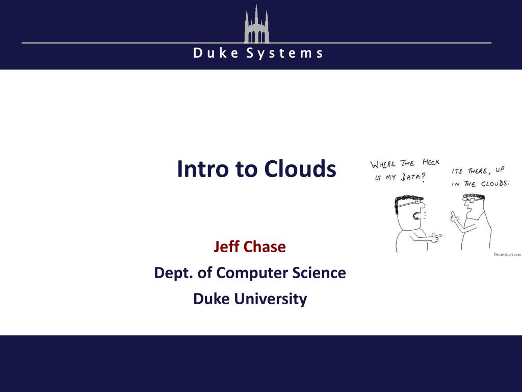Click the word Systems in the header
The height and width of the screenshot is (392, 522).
tap(284, 53)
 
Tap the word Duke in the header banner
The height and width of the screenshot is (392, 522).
tap(216, 53)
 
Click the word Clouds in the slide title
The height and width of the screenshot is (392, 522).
tap(300, 168)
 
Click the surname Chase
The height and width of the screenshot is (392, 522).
tap(265, 247)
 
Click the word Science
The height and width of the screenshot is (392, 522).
tap(319, 273)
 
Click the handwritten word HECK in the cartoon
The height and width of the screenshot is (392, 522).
tap(431, 162)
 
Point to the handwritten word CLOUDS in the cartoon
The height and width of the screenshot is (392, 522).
tap(495, 183)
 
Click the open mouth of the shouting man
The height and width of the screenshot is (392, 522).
tap(416, 216)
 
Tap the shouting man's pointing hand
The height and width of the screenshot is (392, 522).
tap(436, 238)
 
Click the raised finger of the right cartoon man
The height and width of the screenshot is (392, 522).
tap(453, 214)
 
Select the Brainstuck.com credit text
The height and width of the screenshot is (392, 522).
tap(507, 255)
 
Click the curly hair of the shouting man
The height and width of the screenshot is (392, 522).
tap(408, 200)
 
